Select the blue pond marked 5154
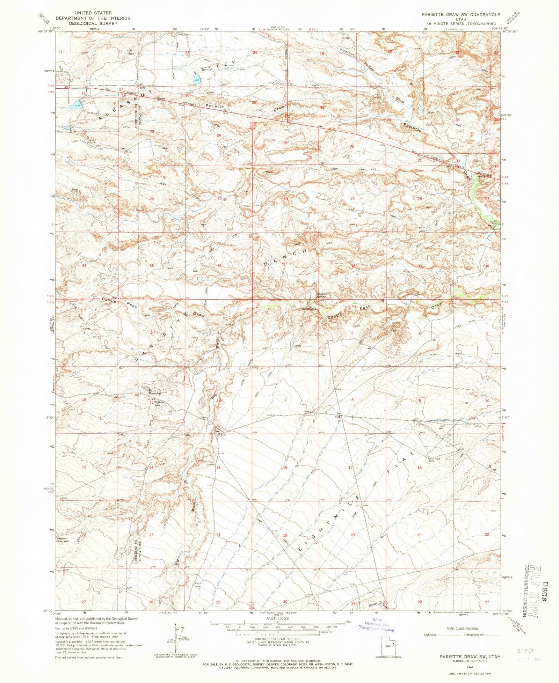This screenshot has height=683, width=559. tap(78, 104)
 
